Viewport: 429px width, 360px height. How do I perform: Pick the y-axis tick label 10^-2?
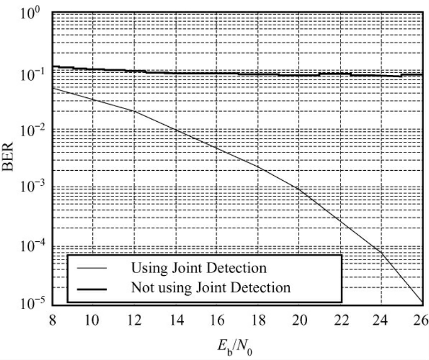coord(29,132)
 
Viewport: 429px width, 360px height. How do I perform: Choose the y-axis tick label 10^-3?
coord(29,190)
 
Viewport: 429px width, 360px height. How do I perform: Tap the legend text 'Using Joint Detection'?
coord(198,266)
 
